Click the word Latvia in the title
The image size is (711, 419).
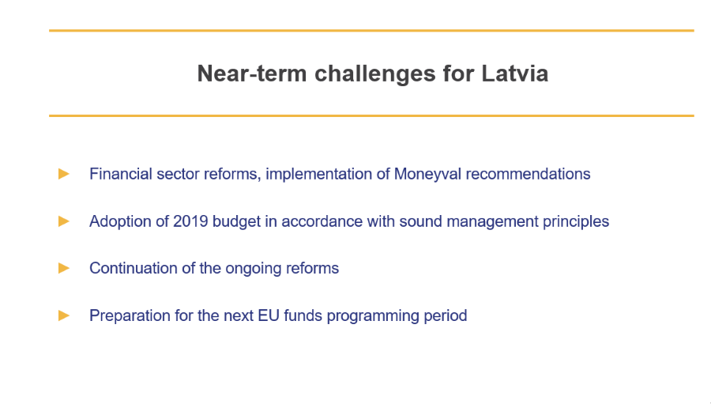514,74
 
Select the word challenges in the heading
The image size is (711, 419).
375,74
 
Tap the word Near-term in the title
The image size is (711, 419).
252,74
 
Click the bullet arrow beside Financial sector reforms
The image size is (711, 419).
64,174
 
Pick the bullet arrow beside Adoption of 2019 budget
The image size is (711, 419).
64,221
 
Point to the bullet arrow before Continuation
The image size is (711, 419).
64,268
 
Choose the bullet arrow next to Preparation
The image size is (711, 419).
64,315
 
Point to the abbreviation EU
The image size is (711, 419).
269,315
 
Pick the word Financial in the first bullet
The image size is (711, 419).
121,174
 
